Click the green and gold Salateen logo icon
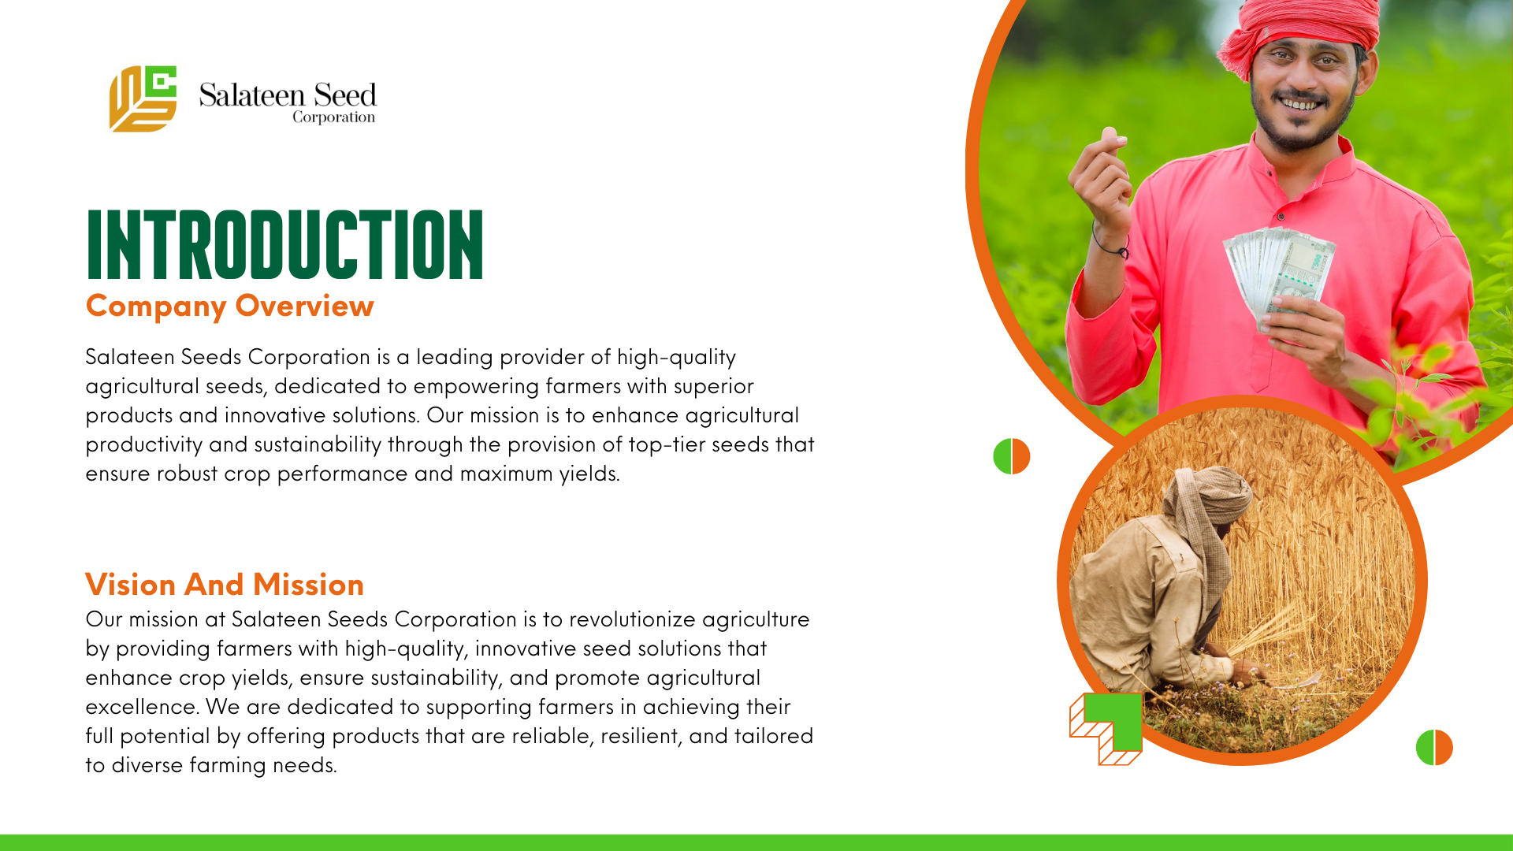[x=143, y=98]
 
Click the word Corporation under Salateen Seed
[x=333, y=117]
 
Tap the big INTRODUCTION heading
[x=284, y=244]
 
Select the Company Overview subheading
[x=229, y=306]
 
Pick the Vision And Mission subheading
[x=225, y=585]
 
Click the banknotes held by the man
[x=1278, y=276]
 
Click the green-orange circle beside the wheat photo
[x=1012, y=456]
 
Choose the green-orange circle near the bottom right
[x=1434, y=747]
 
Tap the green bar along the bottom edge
[x=756, y=842]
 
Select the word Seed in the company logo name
[x=345, y=95]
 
